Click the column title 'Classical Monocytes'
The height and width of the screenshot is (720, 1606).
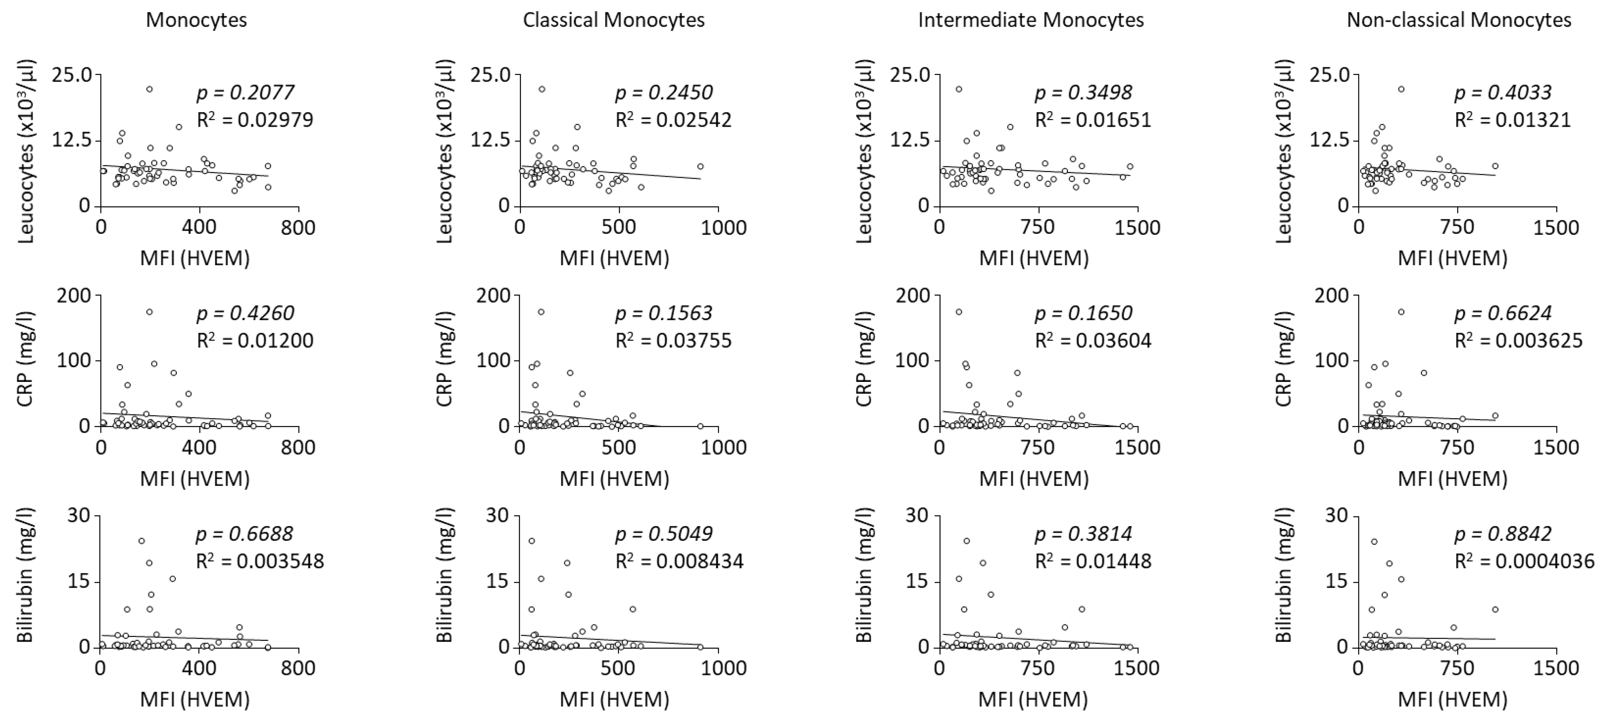point(614,20)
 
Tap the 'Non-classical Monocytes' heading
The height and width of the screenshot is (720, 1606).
point(1459,20)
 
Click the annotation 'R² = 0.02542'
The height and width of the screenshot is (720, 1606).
point(673,120)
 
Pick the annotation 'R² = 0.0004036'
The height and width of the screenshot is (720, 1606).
point(1524,561)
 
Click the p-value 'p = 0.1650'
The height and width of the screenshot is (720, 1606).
point(1084,313)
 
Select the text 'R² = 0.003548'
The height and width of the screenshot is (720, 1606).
point(260,561)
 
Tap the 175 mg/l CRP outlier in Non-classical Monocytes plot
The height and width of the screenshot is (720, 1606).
point(1401,312)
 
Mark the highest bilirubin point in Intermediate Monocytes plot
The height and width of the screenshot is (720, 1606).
point(966,540)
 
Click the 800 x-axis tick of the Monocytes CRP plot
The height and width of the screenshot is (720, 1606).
point(298,448)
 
